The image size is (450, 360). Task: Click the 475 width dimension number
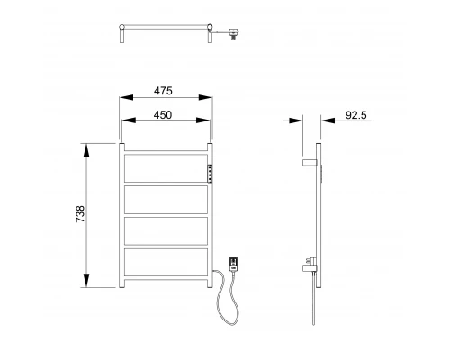[163, 91]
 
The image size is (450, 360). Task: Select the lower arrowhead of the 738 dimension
[87, 285]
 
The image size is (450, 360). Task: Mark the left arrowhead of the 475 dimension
[123, 99]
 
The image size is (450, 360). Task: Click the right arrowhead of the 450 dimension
[207, 121]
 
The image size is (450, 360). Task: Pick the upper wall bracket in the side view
[310, 162]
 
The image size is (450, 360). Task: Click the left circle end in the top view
[121, 34]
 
